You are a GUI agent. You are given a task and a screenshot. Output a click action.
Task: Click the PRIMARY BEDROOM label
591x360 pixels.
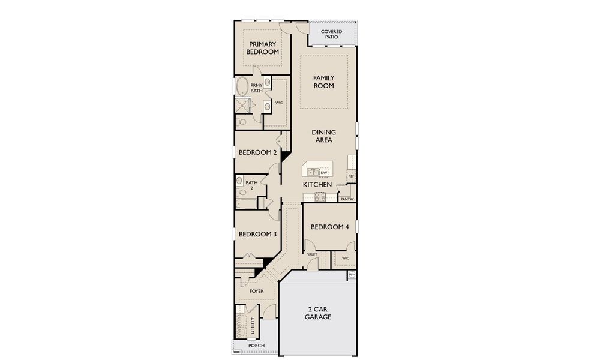[x=263, y=48]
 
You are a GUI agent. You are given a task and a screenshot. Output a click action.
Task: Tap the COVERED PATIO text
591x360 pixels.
[x=332, y=34]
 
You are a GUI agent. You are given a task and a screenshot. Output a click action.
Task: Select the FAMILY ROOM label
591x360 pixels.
[x=323, y=82]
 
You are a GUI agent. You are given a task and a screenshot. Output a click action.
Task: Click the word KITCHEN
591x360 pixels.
[x=317, y=185]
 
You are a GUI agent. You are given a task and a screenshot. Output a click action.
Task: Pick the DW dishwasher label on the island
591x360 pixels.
[x=324, y=173]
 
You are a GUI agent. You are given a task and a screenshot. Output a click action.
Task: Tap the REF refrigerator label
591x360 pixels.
[x=351, y=176]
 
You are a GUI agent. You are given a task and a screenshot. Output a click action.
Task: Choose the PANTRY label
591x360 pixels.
[x=347, y=199]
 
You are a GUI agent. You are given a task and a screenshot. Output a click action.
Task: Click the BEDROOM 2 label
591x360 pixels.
[x=257, y=152]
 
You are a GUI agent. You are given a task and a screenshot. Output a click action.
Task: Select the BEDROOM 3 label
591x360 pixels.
[x=257, y=234]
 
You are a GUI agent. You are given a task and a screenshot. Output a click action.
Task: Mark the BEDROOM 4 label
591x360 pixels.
[x=329, y=227]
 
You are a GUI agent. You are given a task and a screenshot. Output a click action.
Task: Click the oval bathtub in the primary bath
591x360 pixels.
[x=242, y=87]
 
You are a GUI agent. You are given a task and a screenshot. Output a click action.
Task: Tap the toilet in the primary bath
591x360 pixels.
[x=241, y=121]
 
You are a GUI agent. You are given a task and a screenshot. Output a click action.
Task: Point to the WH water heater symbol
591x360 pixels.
[x=352, y=275]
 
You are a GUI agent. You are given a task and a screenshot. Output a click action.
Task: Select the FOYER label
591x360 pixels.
[x=256, y=292]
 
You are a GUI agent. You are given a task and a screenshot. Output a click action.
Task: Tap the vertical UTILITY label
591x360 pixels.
[x=253, y=326]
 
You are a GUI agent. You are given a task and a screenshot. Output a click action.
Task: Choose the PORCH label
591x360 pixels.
[x=256, y=346]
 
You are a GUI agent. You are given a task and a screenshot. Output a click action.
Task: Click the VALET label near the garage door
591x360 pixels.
[x=312, y=254]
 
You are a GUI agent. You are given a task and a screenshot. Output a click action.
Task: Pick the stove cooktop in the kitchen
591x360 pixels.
[x=319, y=196]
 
